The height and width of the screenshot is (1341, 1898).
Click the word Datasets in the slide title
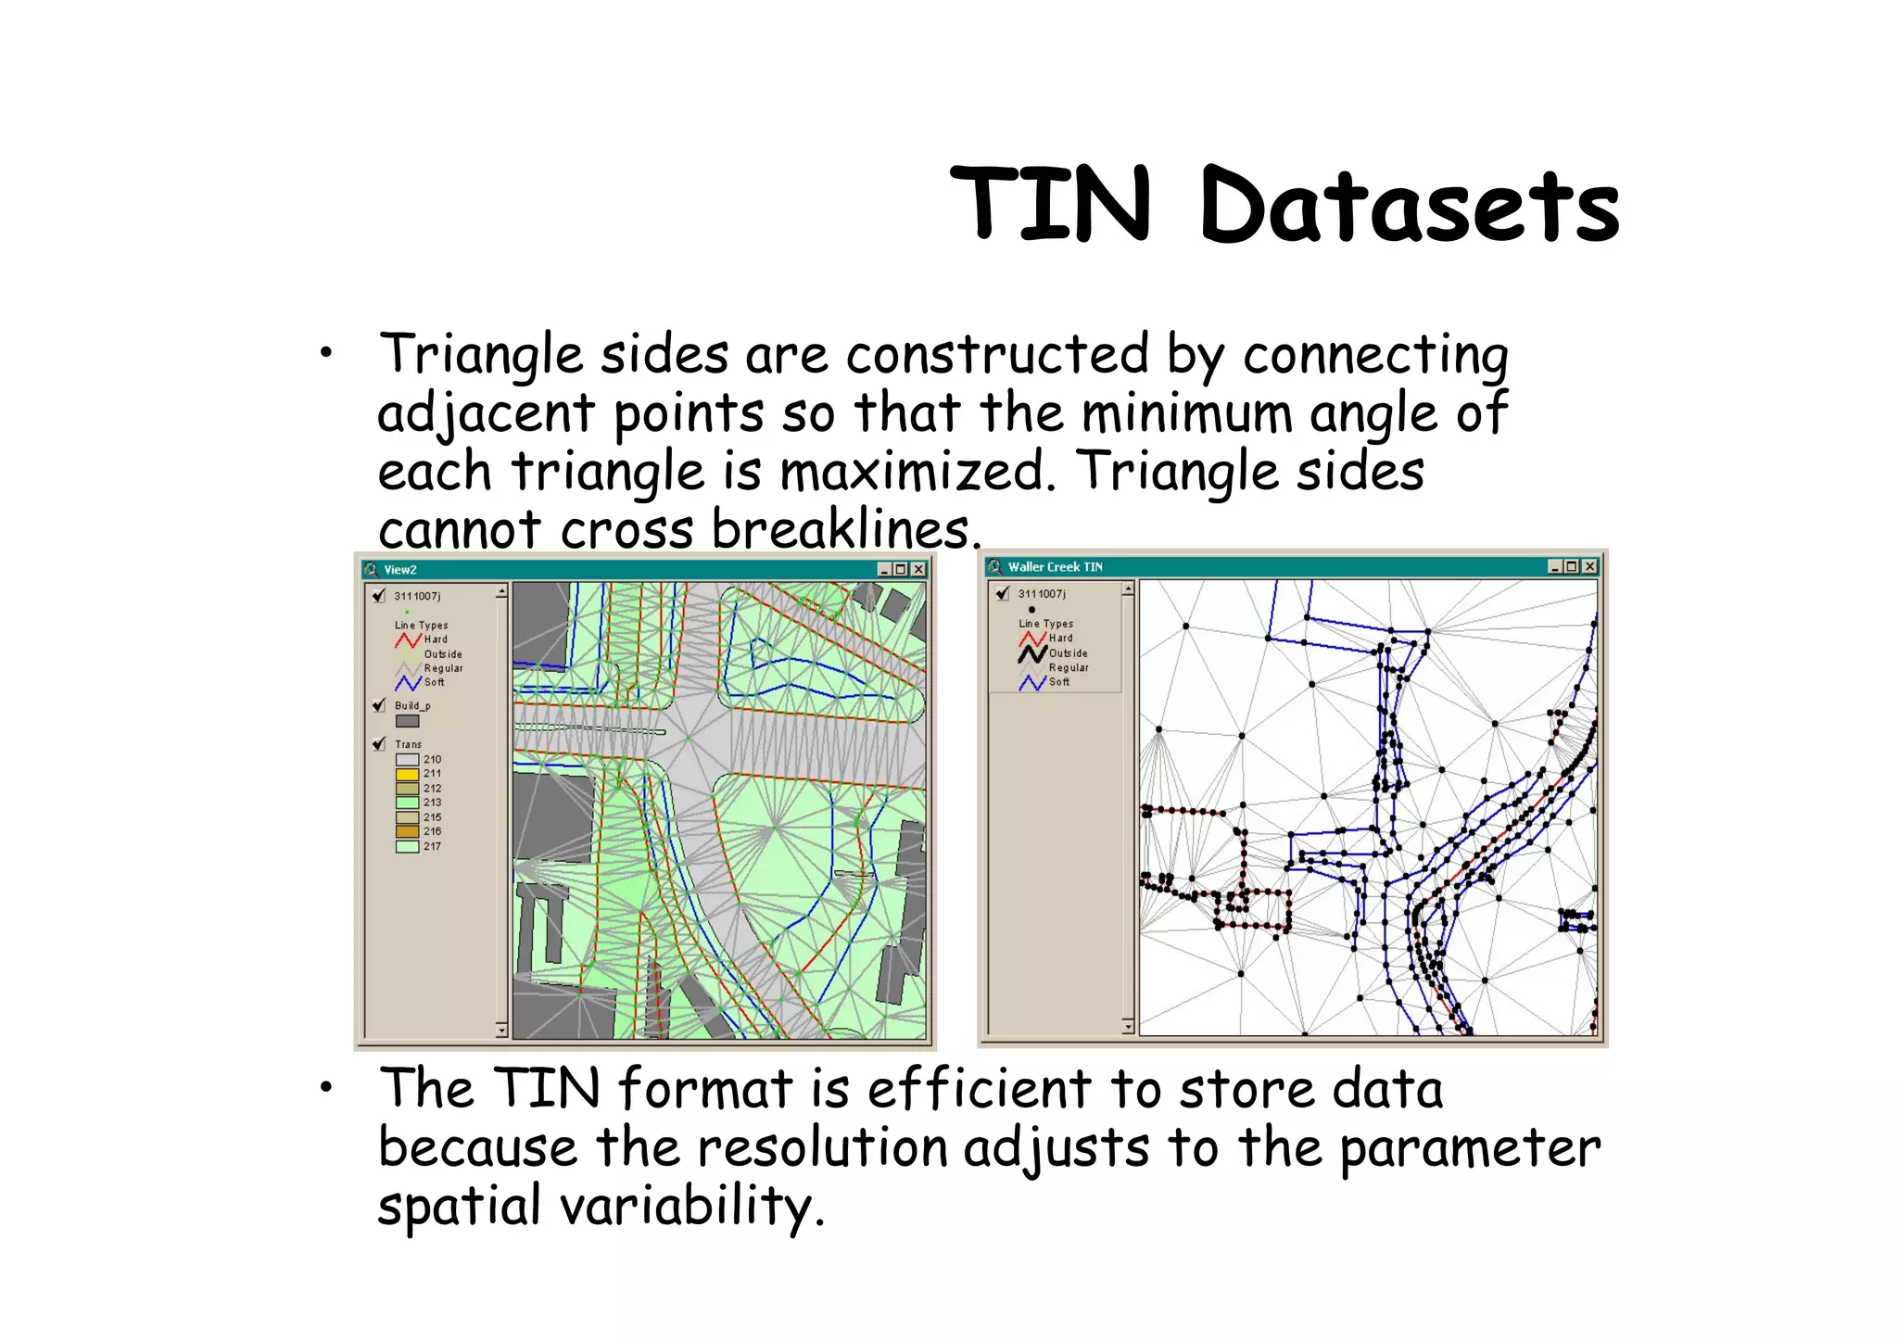pyautogui.click(x=1409, y=206)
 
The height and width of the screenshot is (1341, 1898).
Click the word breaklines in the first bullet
pyautogui.click(x=841, y=530)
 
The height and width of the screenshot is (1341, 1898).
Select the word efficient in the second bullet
pyautogui.click(x=979, y=1089)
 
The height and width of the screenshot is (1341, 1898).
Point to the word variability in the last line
pyautogui.click(x=686, y=1207)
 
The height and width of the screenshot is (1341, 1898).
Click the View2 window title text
pyautogui.click(x=400, y=570)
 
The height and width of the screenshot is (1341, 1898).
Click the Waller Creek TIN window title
pyautogui.click(x=1055, y=567)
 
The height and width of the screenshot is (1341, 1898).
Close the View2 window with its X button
pyautogui.click(x=918, y=570)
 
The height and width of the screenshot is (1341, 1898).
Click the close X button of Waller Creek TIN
pyautogui.click(x=1589, y=566)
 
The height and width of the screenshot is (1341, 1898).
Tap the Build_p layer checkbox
pyautogui.click(x=379, y=706)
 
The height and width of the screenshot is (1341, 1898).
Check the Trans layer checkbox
pyautogui.click(x=379, y=744)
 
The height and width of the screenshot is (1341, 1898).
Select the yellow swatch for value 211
pyautogui.click(x=407, y=774)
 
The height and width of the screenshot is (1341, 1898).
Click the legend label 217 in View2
pyautogui.click(x=432, y=846)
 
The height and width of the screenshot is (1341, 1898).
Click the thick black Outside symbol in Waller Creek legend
pyautogui.click(x=1032, y=653)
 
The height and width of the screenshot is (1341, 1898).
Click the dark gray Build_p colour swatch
pyautogui.click(x=407, y=721)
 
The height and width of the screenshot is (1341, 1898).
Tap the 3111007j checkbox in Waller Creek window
pyautogui.click(x=1002, y=594)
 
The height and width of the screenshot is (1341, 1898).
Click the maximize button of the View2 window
pyautogui.click(x=901, y=570)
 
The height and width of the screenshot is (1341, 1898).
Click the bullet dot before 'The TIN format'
pyautogui.click(x=325, y=1089)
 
